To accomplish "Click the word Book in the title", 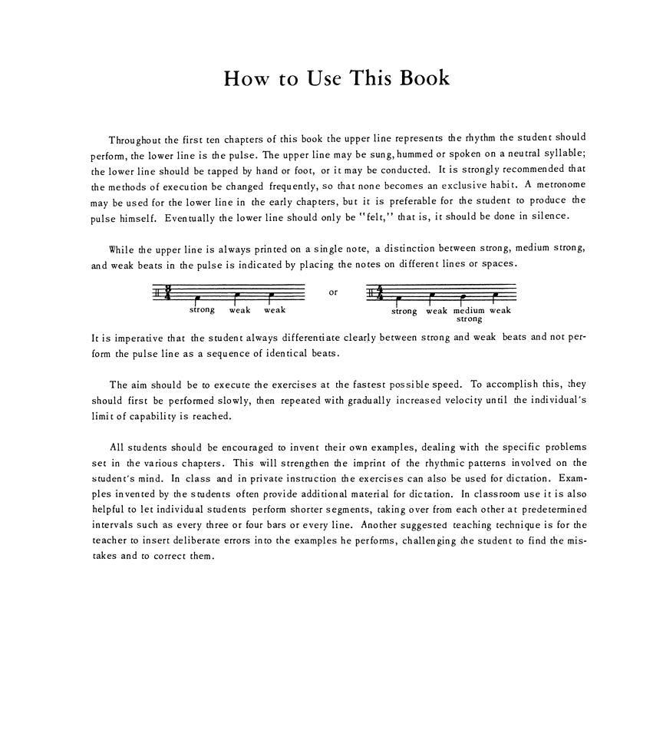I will tap(421, 78).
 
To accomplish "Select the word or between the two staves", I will tap(332, 292).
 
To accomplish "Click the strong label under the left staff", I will tap(202, 310).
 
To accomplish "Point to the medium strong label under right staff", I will tap(469, 315).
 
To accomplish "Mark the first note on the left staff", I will tap(198, 298).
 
